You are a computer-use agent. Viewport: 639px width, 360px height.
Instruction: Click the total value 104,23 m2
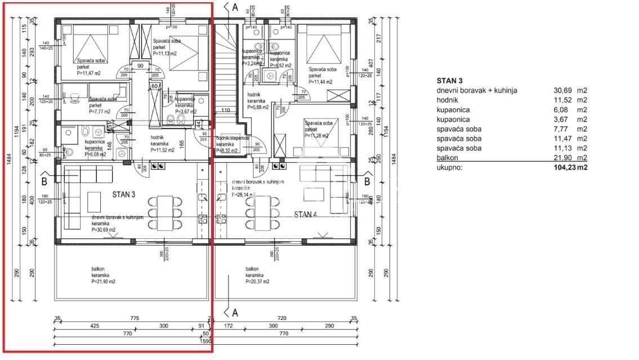coord(569,167)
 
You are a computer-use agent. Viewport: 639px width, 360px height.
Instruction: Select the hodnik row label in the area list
coord(447,100)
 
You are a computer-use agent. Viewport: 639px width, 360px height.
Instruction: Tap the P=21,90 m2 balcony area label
coord(104,281)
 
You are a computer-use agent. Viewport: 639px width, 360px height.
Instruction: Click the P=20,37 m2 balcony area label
coord(257,281)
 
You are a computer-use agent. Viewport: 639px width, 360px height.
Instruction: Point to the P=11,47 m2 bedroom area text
coord(89,73)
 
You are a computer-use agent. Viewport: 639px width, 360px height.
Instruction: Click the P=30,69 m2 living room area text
coord(104,230)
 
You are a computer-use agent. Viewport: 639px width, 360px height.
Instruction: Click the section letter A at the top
coord(235,7)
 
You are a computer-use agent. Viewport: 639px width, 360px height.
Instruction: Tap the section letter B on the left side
coord(44,182)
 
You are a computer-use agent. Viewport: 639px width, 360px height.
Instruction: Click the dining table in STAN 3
coord(164,214)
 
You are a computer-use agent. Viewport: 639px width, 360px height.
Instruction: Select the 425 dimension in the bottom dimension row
coord(95,326)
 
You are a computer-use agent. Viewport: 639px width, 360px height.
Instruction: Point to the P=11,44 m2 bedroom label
coord(320,82)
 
